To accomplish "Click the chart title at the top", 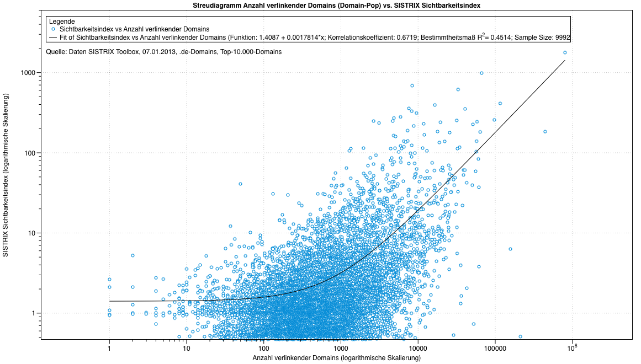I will tap(337, 5).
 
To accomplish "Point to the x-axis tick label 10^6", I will tap(573, 347).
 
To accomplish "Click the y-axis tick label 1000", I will tap(29, 73).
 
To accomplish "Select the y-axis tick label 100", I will tap(30, 153).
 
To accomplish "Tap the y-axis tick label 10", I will tap(32, 233).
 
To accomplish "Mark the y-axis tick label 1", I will tap(34, 313).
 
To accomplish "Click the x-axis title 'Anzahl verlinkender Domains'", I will tap(337, 358).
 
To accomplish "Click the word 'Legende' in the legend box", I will tap(62, 21).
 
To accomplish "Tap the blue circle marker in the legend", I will tap(53, 29).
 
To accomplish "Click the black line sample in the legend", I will tap(53, 38).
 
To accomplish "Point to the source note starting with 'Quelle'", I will tap(164, 52).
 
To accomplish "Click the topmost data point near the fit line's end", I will tap(565, 52).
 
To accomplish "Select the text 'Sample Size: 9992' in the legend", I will tap(543, 38).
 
